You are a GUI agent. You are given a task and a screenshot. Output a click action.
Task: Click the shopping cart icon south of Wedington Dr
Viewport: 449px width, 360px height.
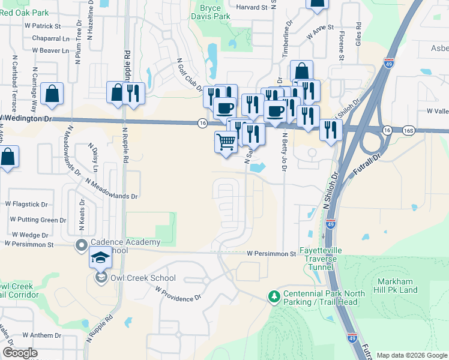[226, 142]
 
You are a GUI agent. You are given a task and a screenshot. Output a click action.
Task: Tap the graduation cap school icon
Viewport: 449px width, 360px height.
[100, 259]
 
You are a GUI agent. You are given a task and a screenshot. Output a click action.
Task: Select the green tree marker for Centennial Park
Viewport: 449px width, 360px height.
[274, 296]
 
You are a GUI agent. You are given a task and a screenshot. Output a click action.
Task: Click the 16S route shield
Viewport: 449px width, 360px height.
[409, 130]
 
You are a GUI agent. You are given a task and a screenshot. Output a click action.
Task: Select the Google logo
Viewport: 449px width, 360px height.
[20, 353]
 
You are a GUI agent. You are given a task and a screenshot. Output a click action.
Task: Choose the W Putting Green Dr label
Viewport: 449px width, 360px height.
[35, 220]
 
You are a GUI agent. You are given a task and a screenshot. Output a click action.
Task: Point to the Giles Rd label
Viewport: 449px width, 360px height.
[358, 35]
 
